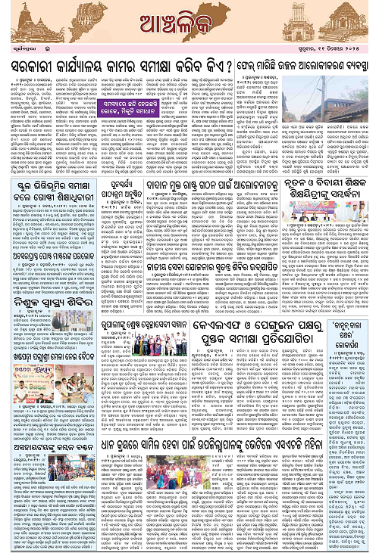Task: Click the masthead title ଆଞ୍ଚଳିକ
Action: coord(189,18)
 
